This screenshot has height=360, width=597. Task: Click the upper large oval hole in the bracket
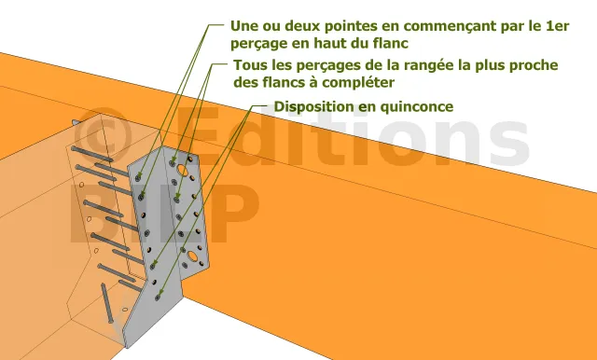pos(183,170)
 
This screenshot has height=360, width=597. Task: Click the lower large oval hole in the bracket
pos(193,256)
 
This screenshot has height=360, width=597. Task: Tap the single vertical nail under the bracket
pos(107,303)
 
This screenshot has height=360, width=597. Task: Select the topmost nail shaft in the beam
pos(91,154)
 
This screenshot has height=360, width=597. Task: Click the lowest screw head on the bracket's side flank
pos(158,298)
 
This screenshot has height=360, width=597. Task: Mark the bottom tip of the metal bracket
pos(126,347)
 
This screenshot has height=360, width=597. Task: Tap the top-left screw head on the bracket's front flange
pos(173,163)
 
